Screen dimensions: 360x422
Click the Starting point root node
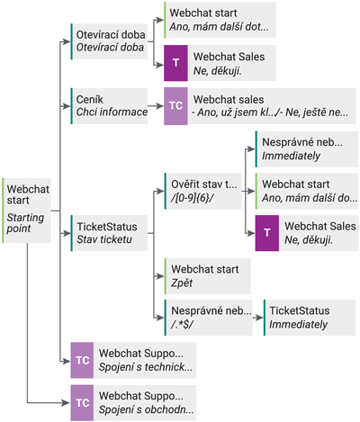26,211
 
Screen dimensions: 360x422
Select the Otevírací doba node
109,41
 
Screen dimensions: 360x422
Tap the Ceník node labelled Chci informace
109,106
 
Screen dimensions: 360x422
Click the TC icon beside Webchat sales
175,106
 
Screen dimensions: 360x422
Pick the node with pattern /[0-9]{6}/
203,191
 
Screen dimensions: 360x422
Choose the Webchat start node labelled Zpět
208,276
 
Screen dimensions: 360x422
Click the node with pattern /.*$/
209,318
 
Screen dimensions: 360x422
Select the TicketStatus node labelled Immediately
310,318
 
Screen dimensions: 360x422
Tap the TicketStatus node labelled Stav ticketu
109,233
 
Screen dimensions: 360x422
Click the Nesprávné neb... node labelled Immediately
307,148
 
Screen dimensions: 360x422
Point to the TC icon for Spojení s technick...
82,360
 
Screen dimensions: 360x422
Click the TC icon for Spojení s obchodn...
82,403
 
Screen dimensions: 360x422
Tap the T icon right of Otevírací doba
175,63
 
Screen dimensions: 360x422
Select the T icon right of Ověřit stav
267,233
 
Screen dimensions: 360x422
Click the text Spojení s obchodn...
147,409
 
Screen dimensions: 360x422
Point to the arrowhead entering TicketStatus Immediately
260,318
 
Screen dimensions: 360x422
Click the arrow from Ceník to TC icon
156,106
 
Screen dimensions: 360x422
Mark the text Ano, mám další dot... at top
219,27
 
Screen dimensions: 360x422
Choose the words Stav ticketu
104,239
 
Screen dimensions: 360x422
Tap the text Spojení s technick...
146,367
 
